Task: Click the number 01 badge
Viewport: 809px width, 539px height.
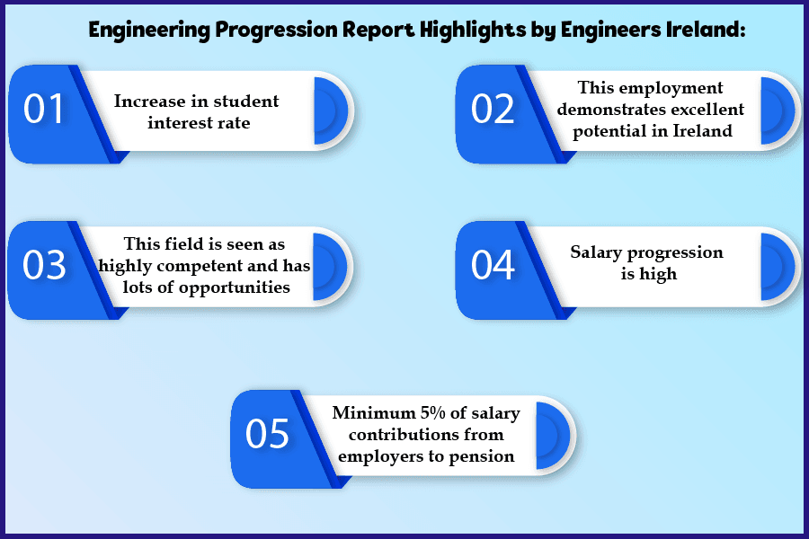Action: point(45,110)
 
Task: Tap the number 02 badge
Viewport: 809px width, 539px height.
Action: point(493,110)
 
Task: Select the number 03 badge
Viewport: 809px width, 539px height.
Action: point(45,267)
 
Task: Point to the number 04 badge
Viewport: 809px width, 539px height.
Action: point(493,267)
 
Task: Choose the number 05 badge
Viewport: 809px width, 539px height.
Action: point(268,435)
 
